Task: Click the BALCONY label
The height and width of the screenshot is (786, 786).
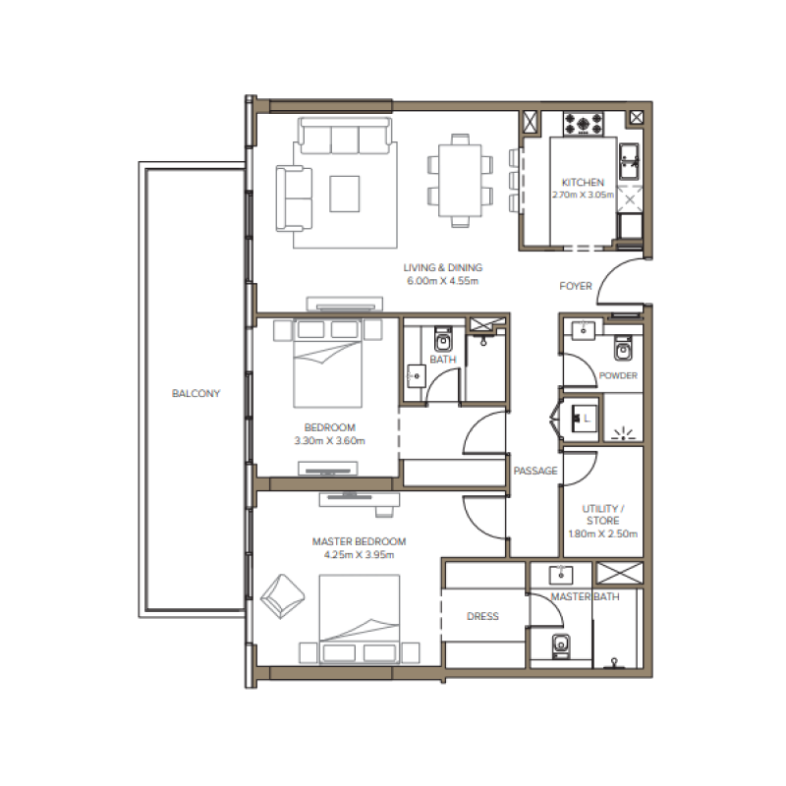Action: (196, 394)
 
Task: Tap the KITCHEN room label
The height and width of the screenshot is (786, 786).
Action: (583, 183)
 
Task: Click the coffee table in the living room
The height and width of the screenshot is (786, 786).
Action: (345, 193)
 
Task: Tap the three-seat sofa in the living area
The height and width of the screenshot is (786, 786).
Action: (345, 137)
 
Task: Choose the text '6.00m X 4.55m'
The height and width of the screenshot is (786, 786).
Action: (442, 282)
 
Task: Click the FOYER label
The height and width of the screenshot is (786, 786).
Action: (576, 287)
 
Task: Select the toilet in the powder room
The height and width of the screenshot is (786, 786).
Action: (622, 349)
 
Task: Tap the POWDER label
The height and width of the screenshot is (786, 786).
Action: (618, 376)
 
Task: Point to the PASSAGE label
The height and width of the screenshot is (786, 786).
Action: (535, 472)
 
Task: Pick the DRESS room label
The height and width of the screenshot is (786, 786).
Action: (482, 617)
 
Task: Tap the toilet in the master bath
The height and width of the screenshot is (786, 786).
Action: (561, 644)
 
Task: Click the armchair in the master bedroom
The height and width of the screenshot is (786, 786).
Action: (283, 592)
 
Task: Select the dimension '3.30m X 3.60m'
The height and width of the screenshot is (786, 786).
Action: (329, 441)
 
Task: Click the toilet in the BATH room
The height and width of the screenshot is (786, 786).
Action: (442, 340)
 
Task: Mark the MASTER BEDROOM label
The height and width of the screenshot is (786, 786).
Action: (359, 541)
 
